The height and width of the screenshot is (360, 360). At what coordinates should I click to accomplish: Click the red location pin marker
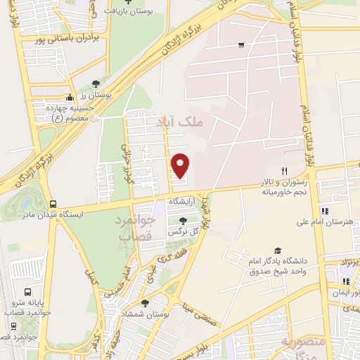tap(181, 165)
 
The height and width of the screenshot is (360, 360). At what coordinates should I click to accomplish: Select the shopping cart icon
tap(241, 45)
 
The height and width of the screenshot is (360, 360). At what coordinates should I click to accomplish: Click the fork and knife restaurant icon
tap(285, 171)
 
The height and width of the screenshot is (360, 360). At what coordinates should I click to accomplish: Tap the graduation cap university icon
tap(278, 250)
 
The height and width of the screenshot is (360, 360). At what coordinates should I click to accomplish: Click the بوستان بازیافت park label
tap(130, 12)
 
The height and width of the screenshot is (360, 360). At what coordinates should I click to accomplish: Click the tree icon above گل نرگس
tap(183, 221)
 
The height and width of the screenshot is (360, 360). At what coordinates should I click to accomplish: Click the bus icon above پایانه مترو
tap(28, 291)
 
